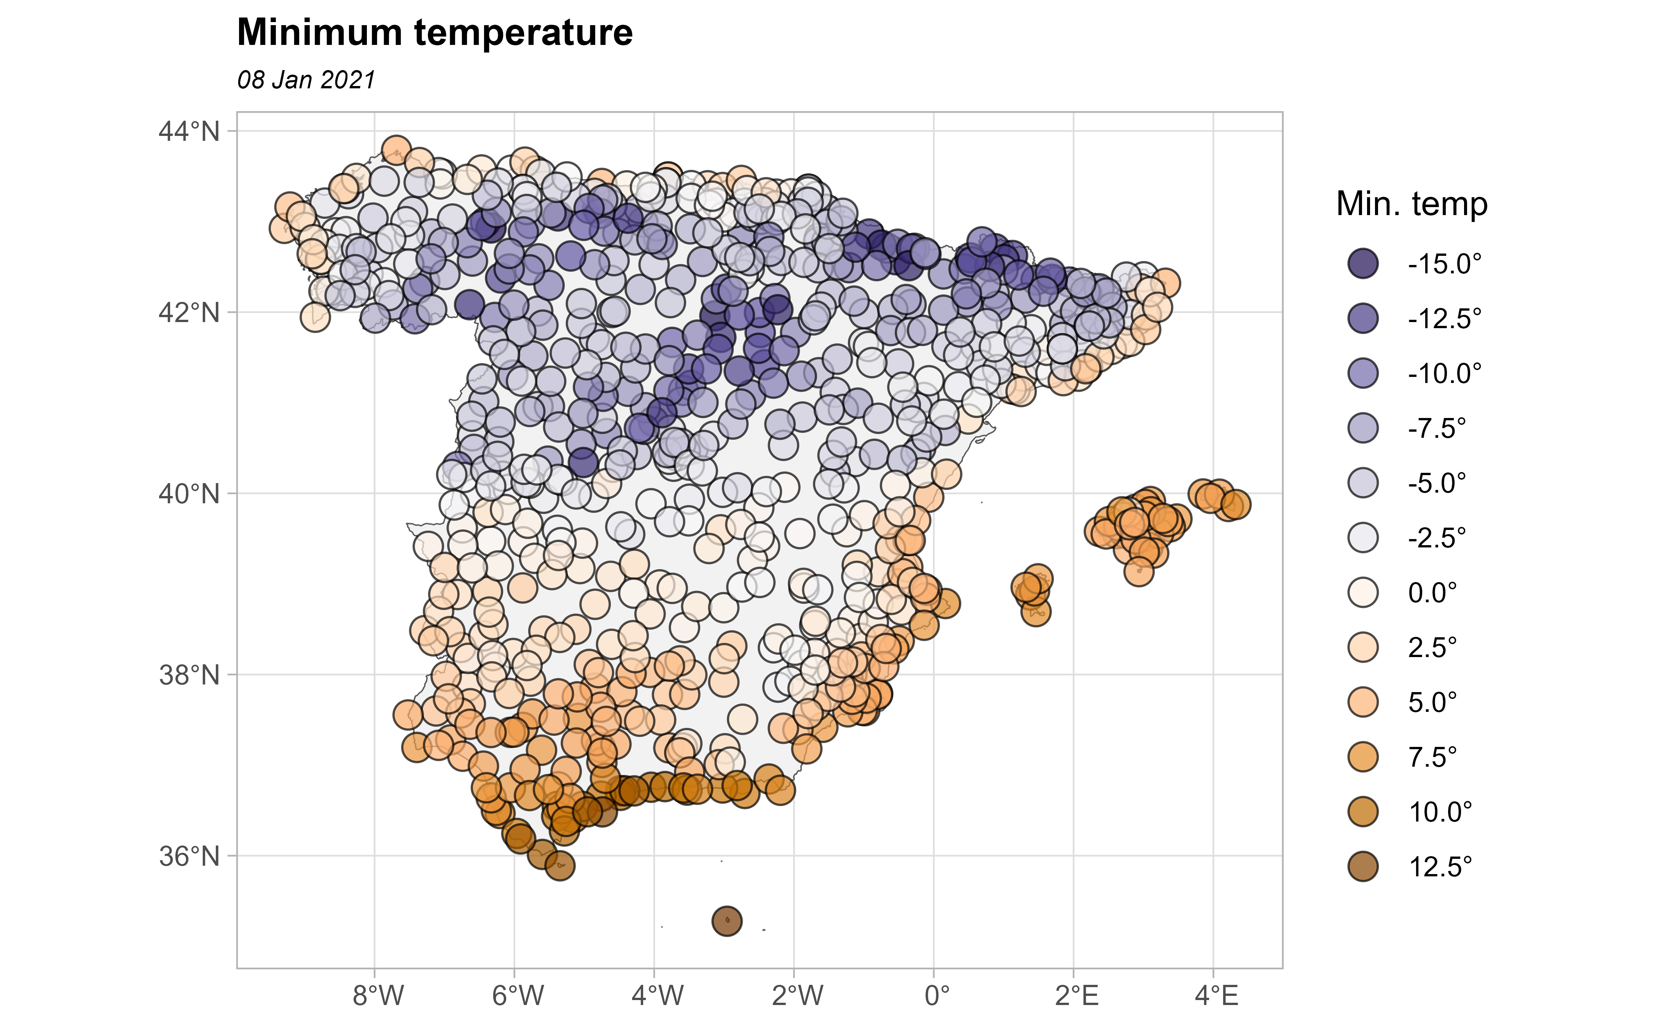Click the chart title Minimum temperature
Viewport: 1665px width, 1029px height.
tap(435, 33)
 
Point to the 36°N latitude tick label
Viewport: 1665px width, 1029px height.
tap(190, 856)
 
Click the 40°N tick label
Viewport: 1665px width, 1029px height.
tap(190, 493)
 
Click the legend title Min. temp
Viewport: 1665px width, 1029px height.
tap(1411, 204)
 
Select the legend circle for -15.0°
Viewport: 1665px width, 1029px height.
tap(1362, 263)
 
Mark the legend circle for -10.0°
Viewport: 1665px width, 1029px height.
tap(1362, 373)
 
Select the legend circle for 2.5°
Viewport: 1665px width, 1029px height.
tap(1362, 647)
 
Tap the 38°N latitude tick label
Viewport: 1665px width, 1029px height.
tap(190, 675)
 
